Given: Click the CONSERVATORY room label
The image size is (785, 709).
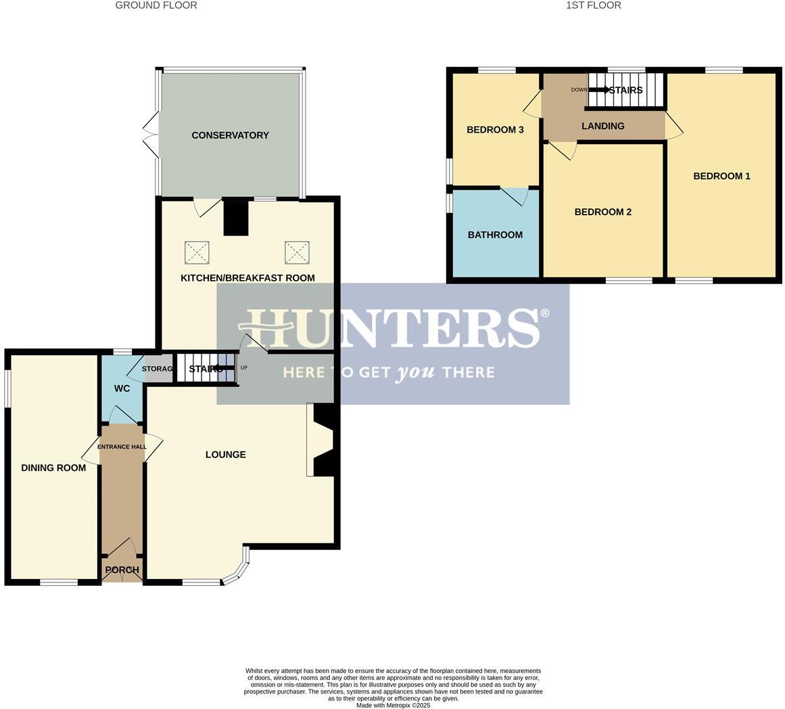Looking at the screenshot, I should coord(230,135).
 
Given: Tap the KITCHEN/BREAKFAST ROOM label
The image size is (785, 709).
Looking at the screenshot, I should coord(247,278).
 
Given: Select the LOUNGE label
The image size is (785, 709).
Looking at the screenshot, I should coord(225,455).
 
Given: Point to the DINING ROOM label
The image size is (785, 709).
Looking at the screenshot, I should coord(53,468).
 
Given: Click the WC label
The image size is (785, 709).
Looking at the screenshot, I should coord(122,389).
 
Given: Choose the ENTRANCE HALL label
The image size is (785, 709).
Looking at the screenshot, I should coord(122,447).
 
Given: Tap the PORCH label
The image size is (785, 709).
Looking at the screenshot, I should coord(122,570).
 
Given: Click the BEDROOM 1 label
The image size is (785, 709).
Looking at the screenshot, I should coord(721,177).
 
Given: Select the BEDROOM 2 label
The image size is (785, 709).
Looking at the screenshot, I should coord(602,212).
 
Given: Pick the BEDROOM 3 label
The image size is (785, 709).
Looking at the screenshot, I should coord(495,130).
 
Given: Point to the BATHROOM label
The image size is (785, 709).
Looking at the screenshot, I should coord(495,235).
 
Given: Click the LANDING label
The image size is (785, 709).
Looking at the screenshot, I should coord(602,127).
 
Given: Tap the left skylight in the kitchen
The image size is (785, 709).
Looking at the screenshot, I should coord(197,253).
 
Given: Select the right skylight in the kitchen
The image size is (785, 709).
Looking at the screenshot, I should coord(296,253).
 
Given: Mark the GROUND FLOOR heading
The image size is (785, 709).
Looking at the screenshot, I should coord(156,5).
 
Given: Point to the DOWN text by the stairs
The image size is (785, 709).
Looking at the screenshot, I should coord(579,90).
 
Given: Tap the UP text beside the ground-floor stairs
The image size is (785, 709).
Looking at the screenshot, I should coord(244,368).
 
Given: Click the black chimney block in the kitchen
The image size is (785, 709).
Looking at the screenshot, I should coord(236,218).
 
